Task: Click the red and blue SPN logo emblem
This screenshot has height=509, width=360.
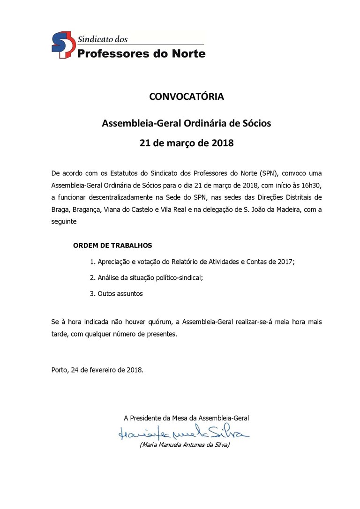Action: (62, 45)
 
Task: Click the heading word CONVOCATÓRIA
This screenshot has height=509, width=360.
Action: (187, 97)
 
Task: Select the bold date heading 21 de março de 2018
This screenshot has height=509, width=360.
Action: (187, 143)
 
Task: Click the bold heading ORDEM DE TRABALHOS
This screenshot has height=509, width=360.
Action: (112, 246)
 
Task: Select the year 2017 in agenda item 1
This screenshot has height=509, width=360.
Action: (285, 262)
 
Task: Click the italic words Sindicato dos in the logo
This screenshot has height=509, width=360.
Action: (102, 39)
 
